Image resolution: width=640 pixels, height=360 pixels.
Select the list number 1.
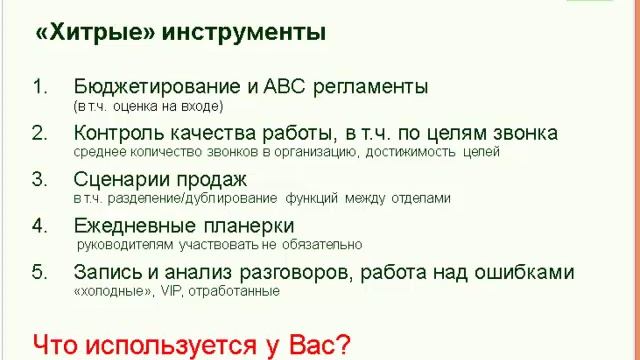39,86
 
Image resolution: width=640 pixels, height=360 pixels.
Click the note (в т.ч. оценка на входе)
148,106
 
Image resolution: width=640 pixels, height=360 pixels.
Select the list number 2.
39,133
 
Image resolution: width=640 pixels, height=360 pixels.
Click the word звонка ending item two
521,133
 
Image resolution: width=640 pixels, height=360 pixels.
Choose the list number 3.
39,179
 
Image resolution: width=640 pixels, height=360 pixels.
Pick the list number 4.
39,225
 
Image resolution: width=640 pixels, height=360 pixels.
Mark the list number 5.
39,271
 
